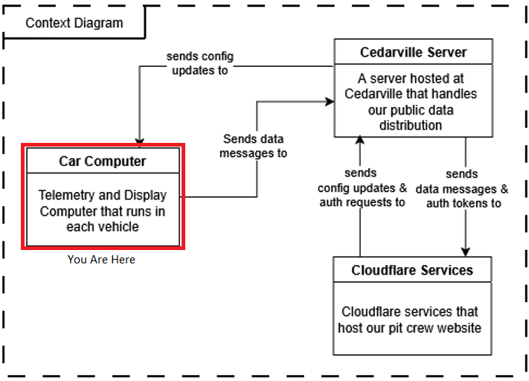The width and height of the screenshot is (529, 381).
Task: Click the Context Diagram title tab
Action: [x=74, y=22]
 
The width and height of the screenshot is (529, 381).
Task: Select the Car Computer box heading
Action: [x=103, y=161]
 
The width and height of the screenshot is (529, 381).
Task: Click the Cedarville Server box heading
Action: [x=413, y=53]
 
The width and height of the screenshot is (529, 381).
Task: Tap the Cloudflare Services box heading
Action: [x=411, y=269]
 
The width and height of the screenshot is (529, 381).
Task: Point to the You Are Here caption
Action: [x=101, y=260]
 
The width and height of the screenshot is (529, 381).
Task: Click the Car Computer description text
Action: [x=103, y=211]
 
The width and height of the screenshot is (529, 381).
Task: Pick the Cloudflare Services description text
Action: [x=409, y=319]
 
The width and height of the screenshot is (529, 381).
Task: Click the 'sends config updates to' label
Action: [x=199, y=63]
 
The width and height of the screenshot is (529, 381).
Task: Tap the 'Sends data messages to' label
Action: [x=254, y=146]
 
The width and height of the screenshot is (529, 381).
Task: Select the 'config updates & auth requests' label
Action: [x=362, y=188]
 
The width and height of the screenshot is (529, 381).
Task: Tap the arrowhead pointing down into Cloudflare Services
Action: [x=467, y=252]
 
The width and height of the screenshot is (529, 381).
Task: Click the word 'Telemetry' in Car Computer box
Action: [x=66, y=195]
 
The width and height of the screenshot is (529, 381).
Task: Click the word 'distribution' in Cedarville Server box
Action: [x=410, y=125]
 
